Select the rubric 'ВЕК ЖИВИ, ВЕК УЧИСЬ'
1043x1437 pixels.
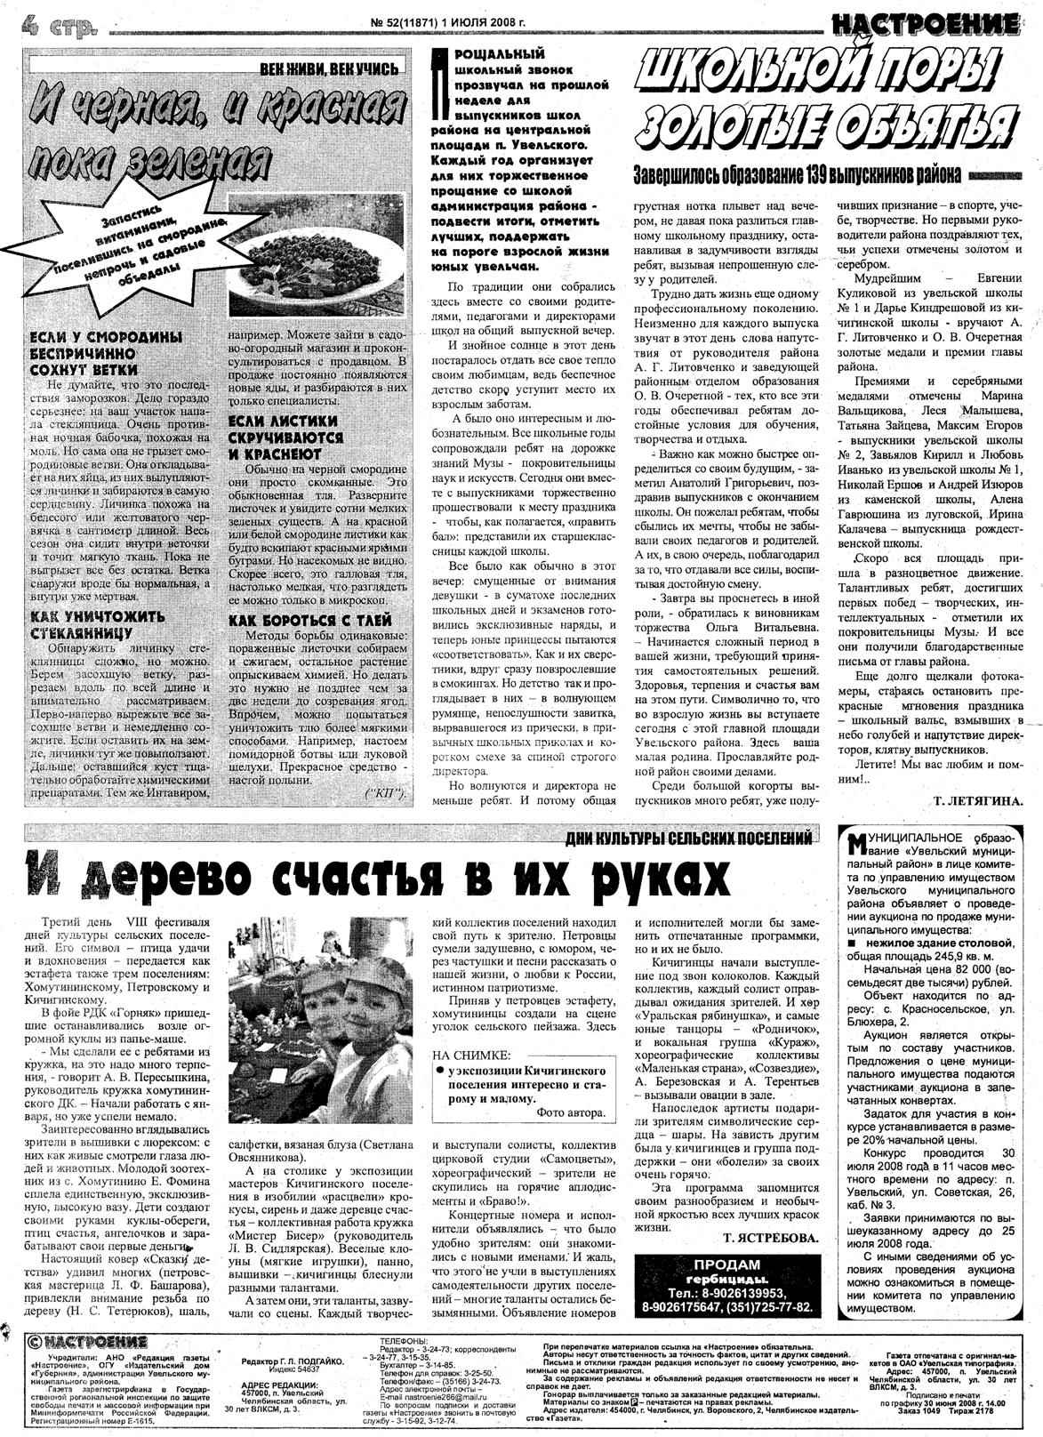click(332, 68)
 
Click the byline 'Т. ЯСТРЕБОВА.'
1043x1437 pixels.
click(770, 1237)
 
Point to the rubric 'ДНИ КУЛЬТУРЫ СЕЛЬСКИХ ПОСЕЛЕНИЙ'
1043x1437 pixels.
click(689, 839)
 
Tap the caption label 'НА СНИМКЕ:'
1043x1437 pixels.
click(471, 1056)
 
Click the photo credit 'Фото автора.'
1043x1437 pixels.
click(571, 1112)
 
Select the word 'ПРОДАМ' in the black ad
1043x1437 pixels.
click(726, 1264)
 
